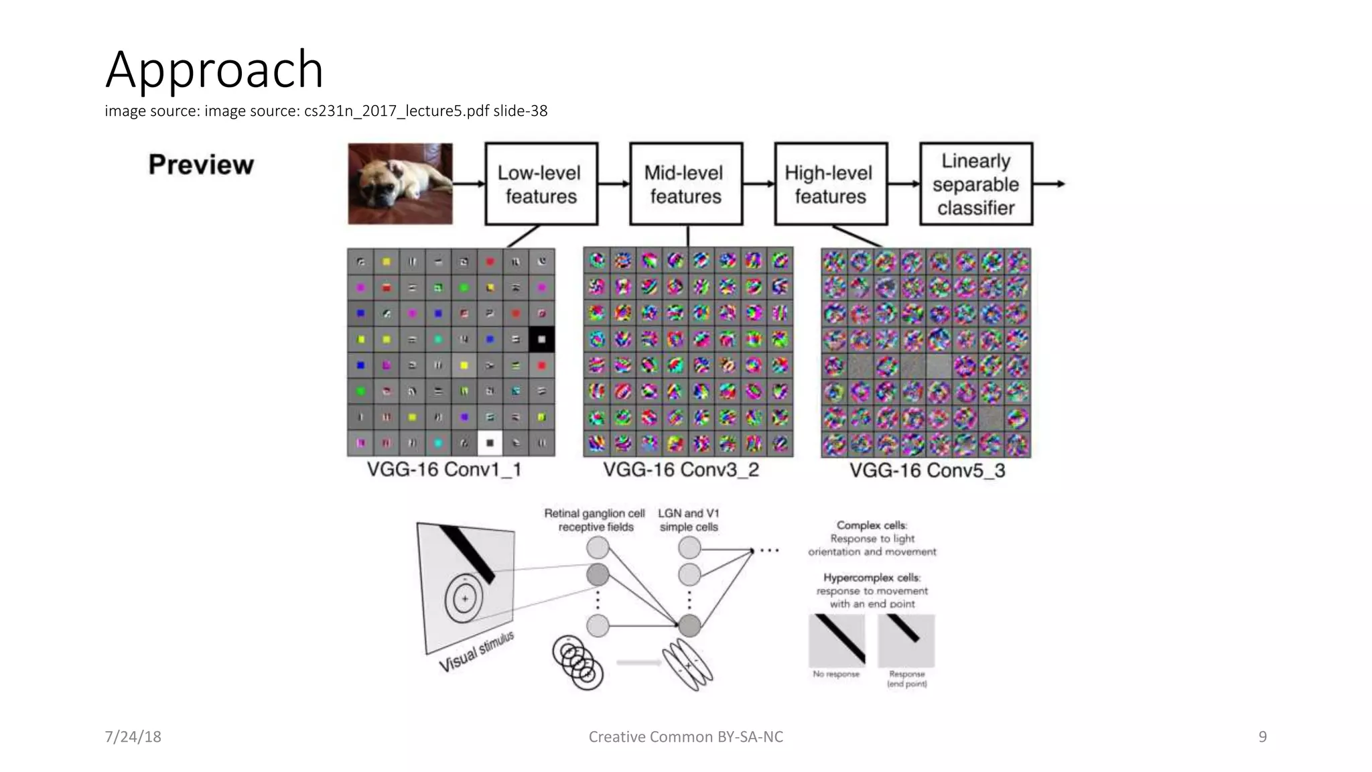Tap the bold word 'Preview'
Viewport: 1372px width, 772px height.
(x=201, y=165)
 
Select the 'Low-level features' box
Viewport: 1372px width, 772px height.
(x=541, y=184)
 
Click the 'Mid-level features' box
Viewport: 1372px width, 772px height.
(x=685, y=184)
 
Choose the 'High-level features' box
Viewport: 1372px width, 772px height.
(x=830, y=184)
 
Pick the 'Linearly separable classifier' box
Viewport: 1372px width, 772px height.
(x=975, y=184)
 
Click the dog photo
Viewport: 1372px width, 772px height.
(x=400, y=183)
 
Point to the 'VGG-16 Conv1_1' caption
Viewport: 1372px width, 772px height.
(x=444, y=469)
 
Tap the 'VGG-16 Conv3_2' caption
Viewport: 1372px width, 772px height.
(x=681, y=470)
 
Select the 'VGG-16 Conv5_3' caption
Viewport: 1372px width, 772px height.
(x=927, y=470)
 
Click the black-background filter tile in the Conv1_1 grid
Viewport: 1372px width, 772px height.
(x=541, y=339)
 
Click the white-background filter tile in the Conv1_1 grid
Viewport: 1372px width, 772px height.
(x=490, y=443)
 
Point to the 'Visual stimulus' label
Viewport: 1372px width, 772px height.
(x=476, y=651)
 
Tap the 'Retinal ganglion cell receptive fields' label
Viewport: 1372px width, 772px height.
(x=594, y=520)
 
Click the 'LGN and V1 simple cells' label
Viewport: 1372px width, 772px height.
(x=689, y=520)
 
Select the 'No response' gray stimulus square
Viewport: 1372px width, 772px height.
(x=837, y=640)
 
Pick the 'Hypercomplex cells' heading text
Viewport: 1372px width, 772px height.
(x=872, y=578)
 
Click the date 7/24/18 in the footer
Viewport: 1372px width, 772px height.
(x=133, y=736)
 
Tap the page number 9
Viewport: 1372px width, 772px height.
(x=1262, y=736)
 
